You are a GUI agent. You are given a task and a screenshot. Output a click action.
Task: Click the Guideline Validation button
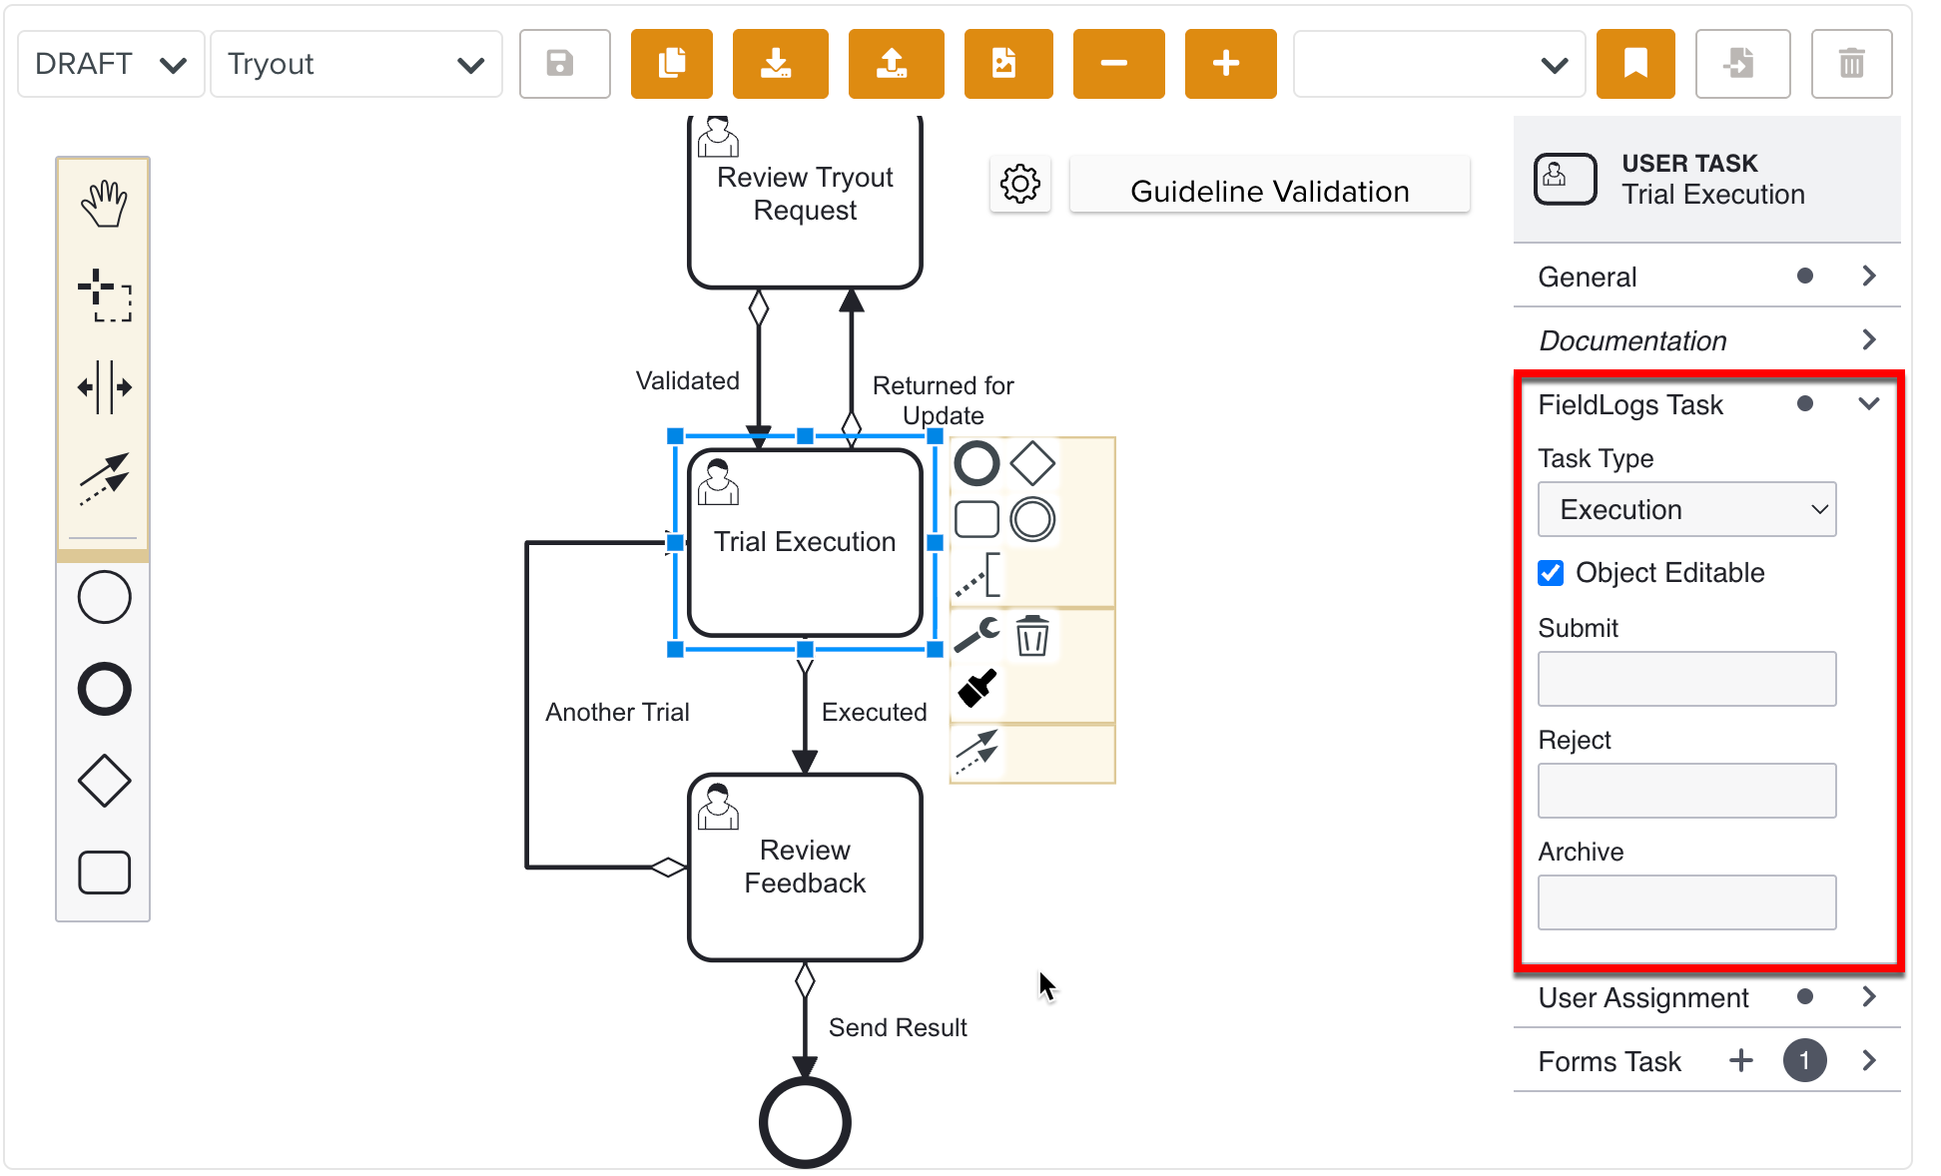[x=1269, y=190]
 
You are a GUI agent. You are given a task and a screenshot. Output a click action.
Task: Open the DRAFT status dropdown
[x=110, y=64]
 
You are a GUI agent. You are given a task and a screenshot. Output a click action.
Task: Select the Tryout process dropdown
[x=355, y=64]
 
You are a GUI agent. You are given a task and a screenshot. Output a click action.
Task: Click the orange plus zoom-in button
[x=1229, y=64]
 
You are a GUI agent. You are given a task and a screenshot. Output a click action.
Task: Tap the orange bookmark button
[x=1634, y=64]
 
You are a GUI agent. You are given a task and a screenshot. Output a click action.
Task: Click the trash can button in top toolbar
[x=1850, y=64]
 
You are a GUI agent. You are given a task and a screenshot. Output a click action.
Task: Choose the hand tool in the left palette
[x=104, y=205]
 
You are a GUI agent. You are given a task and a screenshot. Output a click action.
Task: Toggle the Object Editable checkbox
[x=1551, y=573]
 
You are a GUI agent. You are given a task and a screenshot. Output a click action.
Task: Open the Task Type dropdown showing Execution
[x=1685, y=509]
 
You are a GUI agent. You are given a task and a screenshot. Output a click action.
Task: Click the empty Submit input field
[x=1685, y=679]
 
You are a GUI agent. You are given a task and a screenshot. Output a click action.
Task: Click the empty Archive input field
[x=1685, y=902]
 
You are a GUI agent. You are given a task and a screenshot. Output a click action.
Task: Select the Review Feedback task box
[x=805, y=867]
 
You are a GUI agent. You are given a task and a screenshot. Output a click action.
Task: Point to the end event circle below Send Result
[x=805, y=1122]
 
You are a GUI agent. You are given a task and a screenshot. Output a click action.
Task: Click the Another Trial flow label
[x=617, y=712]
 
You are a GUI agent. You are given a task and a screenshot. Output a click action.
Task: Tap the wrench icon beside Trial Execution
[x=976, y=635]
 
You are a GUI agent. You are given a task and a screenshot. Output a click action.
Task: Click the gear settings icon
[x=1019, y=184]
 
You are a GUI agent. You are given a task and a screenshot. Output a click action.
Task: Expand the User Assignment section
[x=1869, y=997]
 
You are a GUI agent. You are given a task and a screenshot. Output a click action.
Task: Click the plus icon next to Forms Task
[x=1740, y=1060]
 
